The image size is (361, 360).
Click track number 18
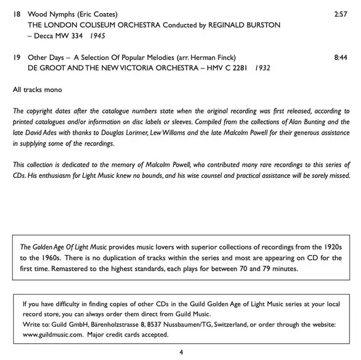[x=17, y=13]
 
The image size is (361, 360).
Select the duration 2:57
[x=341, y=13]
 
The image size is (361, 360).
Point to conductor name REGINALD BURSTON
[x=244, y=26]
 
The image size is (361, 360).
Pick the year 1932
[x=261, y=67]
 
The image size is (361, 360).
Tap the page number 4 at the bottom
[x=181, y=352]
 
